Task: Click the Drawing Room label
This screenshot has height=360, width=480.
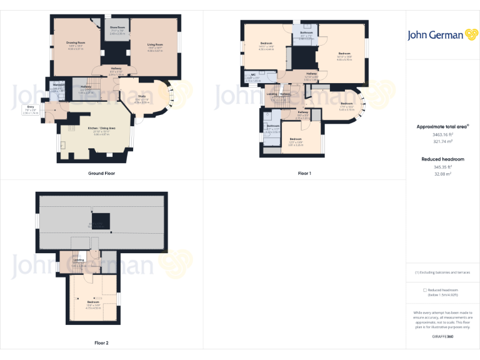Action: point(76,44)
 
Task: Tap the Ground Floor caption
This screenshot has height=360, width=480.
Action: point(101,173)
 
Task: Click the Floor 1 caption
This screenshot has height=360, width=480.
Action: point(304,173)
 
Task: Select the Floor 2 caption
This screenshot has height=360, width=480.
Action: point(101,342)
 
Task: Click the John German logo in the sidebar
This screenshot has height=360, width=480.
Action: point(443,35)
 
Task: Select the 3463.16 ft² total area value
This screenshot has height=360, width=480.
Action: point(442,134)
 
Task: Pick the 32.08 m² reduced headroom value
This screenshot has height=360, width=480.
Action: point(443,174)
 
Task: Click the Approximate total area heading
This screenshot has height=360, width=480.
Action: point(442,126)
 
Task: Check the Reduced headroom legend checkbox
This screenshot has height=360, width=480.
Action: point(426,290)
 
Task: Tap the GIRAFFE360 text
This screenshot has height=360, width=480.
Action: point(442,337)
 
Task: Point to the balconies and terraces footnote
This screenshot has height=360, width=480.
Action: point(442,272)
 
